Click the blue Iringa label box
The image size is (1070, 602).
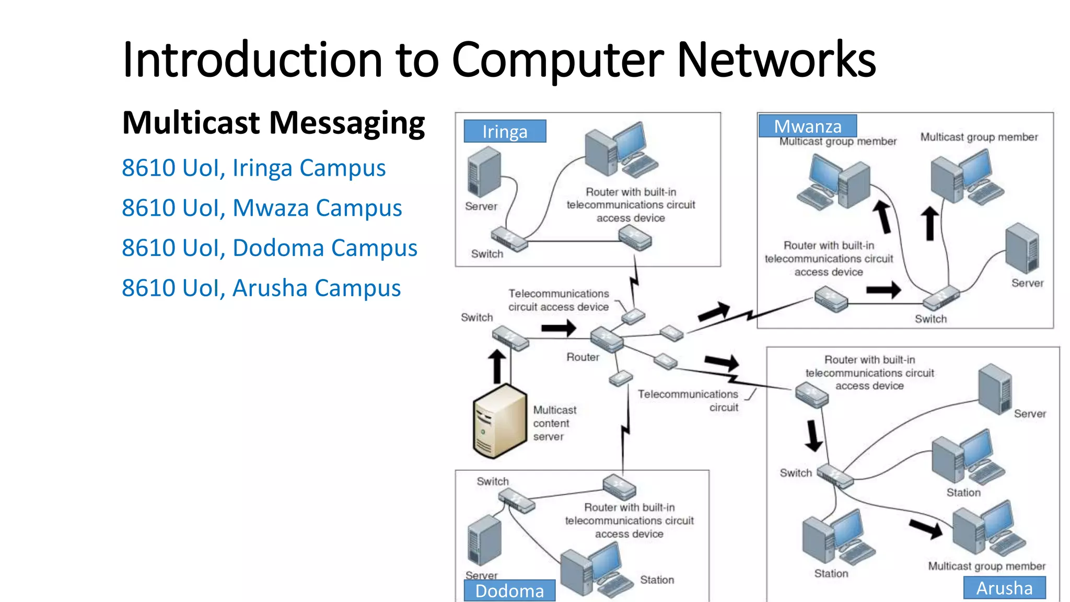505,131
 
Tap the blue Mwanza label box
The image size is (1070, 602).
807,126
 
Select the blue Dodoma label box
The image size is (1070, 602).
509,591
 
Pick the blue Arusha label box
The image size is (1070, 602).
1004,588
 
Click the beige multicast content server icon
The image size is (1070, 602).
499,421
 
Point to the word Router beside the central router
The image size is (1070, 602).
583,357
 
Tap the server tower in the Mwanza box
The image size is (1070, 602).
1022,248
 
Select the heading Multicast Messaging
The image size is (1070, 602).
273,123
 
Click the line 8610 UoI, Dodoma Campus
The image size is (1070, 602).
270,248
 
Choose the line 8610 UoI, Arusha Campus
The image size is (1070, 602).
261,288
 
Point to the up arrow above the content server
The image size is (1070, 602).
497,366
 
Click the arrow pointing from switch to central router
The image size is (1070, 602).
559,328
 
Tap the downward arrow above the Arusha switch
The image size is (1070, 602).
813,435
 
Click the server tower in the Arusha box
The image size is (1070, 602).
995,389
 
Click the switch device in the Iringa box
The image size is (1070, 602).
508,239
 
